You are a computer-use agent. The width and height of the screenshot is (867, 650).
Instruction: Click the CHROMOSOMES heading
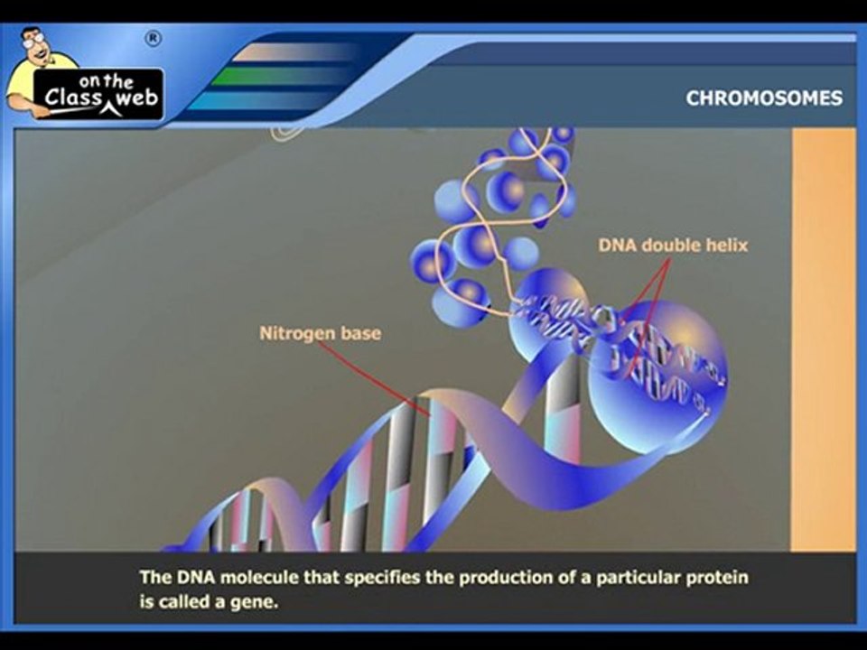point(764,97)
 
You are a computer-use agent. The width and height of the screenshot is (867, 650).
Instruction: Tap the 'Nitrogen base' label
point(320,333)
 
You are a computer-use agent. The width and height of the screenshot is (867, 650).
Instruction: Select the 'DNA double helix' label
point(673,245)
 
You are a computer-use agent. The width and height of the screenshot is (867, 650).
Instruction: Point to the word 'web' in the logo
point(135,99)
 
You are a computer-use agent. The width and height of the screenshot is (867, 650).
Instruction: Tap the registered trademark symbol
point(153,38)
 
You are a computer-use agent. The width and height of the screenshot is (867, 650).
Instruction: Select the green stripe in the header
point(271,77)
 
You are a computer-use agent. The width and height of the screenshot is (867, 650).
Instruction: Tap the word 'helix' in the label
point(727,245)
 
